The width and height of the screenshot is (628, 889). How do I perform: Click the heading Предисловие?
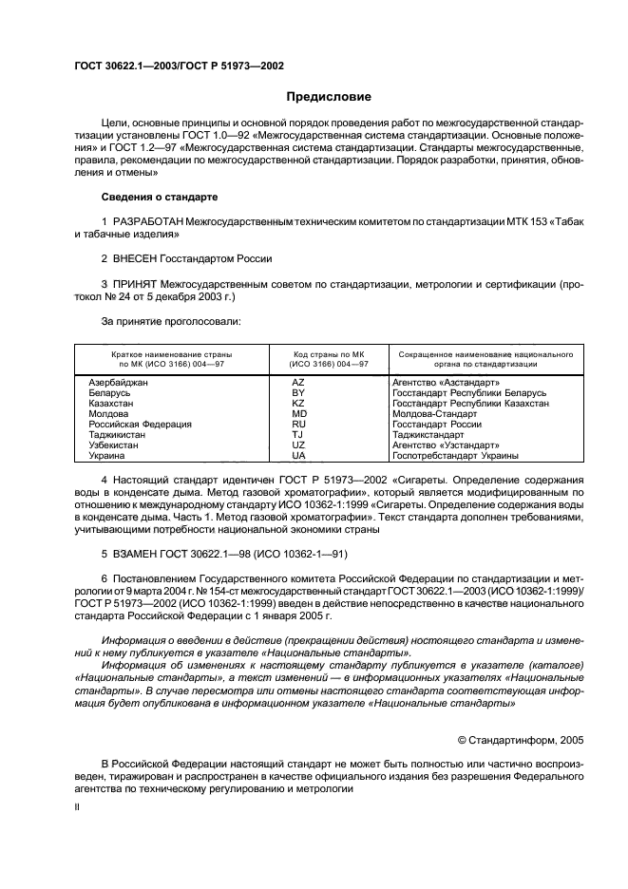click(329, 98)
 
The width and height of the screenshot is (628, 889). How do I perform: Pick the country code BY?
click(298, 392)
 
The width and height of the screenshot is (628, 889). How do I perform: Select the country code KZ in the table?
click(298, 403)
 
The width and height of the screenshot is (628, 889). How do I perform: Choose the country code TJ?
click(298, 435)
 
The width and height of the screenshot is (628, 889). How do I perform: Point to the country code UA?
click(298, 456)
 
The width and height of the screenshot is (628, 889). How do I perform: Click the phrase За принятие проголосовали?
click(171, 322)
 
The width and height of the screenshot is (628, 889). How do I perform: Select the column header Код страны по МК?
click(316, 353)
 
